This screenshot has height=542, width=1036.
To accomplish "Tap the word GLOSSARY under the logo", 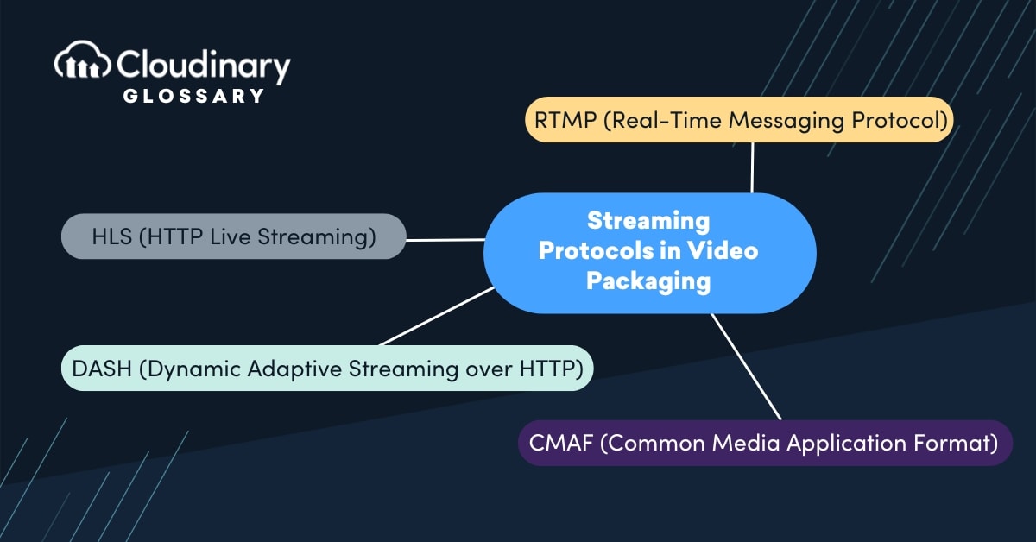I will (194, 96).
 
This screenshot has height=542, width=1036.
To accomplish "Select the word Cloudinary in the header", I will (204, 66).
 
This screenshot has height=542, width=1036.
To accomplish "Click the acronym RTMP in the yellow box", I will (564, 121).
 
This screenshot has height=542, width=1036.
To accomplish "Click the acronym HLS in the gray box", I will (111, 236).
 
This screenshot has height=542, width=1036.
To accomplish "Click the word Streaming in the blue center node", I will (648, 221).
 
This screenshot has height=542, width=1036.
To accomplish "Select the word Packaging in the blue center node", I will (648, 281).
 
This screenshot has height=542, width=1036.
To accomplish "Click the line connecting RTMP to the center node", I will (753, 167).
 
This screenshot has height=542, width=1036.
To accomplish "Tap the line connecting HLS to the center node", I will (445, 240).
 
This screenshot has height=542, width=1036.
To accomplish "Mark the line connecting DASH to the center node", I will (436, 317).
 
